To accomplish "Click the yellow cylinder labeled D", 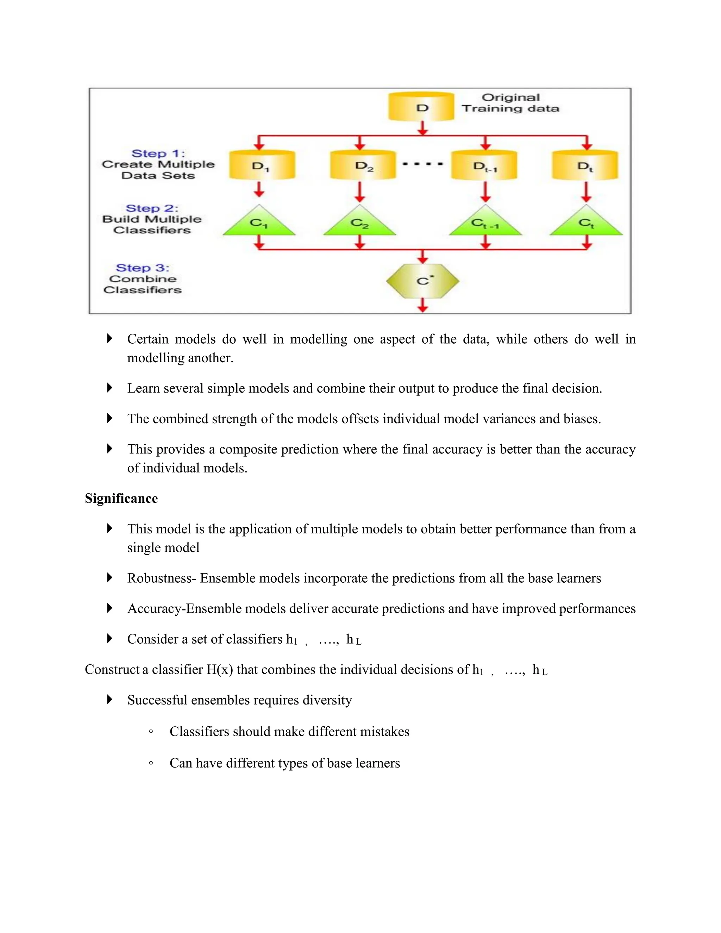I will tap(421, 107).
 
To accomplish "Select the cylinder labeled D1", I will tap(262, 165).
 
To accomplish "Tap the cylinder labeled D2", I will tap(363, 165).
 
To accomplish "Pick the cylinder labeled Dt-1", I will tap(484, 165).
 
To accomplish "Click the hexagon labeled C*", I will tap(422, 281).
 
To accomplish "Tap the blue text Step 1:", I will tap(158, 154).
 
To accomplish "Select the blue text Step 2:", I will tap(152, 208).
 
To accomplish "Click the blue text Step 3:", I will tap(143, 268).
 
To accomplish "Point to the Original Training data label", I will tap(510, 103).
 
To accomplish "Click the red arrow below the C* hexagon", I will tap(422, 305).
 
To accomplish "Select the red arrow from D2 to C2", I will tap(360, 192).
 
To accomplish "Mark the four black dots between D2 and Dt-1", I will tap(422, 164).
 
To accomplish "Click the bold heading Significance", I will tap(121, 499).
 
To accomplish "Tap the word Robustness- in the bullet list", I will tap(162, 578).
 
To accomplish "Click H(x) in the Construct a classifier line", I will tap(220, 669).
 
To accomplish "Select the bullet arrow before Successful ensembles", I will tap(109, 700).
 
